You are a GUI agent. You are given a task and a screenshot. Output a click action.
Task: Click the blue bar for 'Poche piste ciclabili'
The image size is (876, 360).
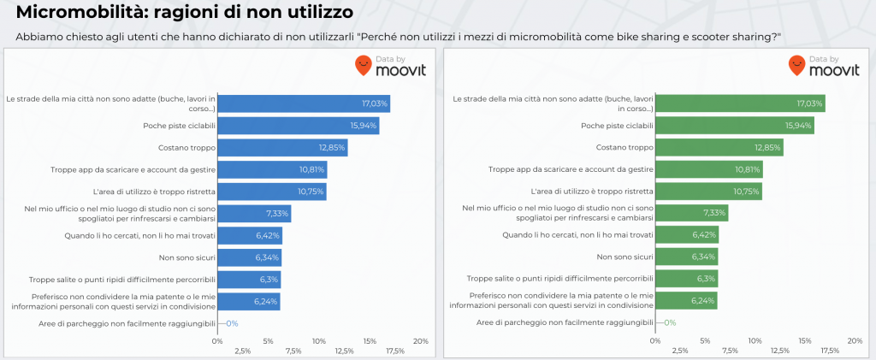(x=298, y=126)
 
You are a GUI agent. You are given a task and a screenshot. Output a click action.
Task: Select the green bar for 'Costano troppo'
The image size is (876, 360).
(x=719, y=147)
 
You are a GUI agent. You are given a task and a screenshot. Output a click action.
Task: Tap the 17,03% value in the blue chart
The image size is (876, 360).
(x=375, y=103)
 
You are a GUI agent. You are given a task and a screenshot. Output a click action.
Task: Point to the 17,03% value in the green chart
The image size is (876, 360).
(x=809, y=103)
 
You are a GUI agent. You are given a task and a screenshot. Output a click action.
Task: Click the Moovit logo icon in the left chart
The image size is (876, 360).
(x=364, y=66)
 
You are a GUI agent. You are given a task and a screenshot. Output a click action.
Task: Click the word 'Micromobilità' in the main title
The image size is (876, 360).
(x=78, y=14)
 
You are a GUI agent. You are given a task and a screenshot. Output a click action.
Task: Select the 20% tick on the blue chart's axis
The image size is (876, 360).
(x=420, y=340)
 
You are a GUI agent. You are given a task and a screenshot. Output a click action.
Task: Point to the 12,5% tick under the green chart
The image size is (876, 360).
(x=780, y=351)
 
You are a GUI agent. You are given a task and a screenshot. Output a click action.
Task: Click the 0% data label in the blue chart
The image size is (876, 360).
(x=231, y=323)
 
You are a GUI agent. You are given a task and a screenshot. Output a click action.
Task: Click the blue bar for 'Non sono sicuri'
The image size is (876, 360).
(x=249, y=257)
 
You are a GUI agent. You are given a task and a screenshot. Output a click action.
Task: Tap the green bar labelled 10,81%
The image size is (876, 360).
(x=709, y=169)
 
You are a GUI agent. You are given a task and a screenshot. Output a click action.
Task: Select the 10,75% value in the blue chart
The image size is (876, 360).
(x=311, y=192)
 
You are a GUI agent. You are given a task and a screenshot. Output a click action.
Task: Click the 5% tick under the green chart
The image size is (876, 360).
(x=704, y=340)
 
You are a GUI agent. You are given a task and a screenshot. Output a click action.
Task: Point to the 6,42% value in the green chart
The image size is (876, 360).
(x=702, y=235)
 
